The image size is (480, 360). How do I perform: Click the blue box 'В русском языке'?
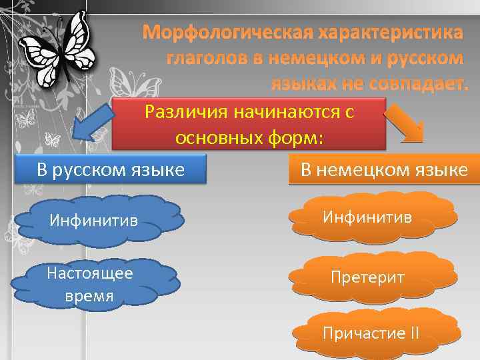[111, 169]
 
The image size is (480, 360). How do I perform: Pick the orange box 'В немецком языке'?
[384, 169]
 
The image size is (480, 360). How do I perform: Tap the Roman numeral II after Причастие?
[414, 333]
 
